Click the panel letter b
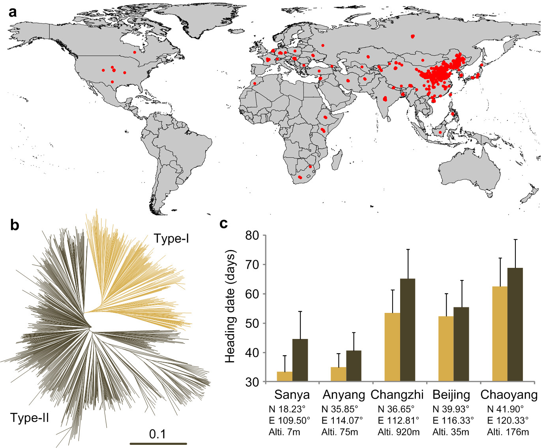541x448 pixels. [15, 225]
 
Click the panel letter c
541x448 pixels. [223, 224]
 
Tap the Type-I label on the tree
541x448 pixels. [171, 238]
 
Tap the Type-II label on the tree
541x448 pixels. [30, 418]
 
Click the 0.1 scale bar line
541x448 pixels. [158, 444]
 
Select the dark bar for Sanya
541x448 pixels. [300, 360]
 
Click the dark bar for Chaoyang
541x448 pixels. [515, 324]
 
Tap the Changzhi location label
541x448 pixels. [397, 395]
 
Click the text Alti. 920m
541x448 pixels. [399, 432]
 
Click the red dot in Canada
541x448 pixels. [135, 52]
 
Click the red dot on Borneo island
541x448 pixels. [440, 132]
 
